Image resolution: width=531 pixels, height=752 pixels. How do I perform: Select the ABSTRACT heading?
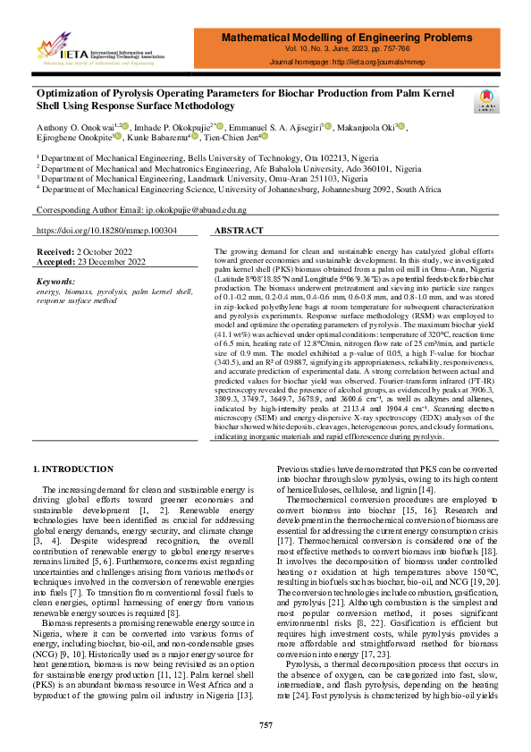click(x=239, y=230)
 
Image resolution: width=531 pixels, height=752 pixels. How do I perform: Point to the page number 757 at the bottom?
click(x=265, y=724)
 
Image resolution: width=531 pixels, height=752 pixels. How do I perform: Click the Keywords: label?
click(x=56, y=282)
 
